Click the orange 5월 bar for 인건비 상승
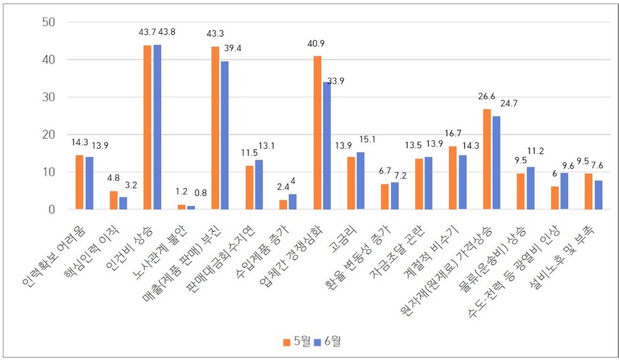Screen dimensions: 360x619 [147, 127]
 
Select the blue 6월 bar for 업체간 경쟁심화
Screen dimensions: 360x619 [327, 145]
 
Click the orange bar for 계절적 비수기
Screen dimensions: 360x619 [452, 178]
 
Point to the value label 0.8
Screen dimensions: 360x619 [202, 193]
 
